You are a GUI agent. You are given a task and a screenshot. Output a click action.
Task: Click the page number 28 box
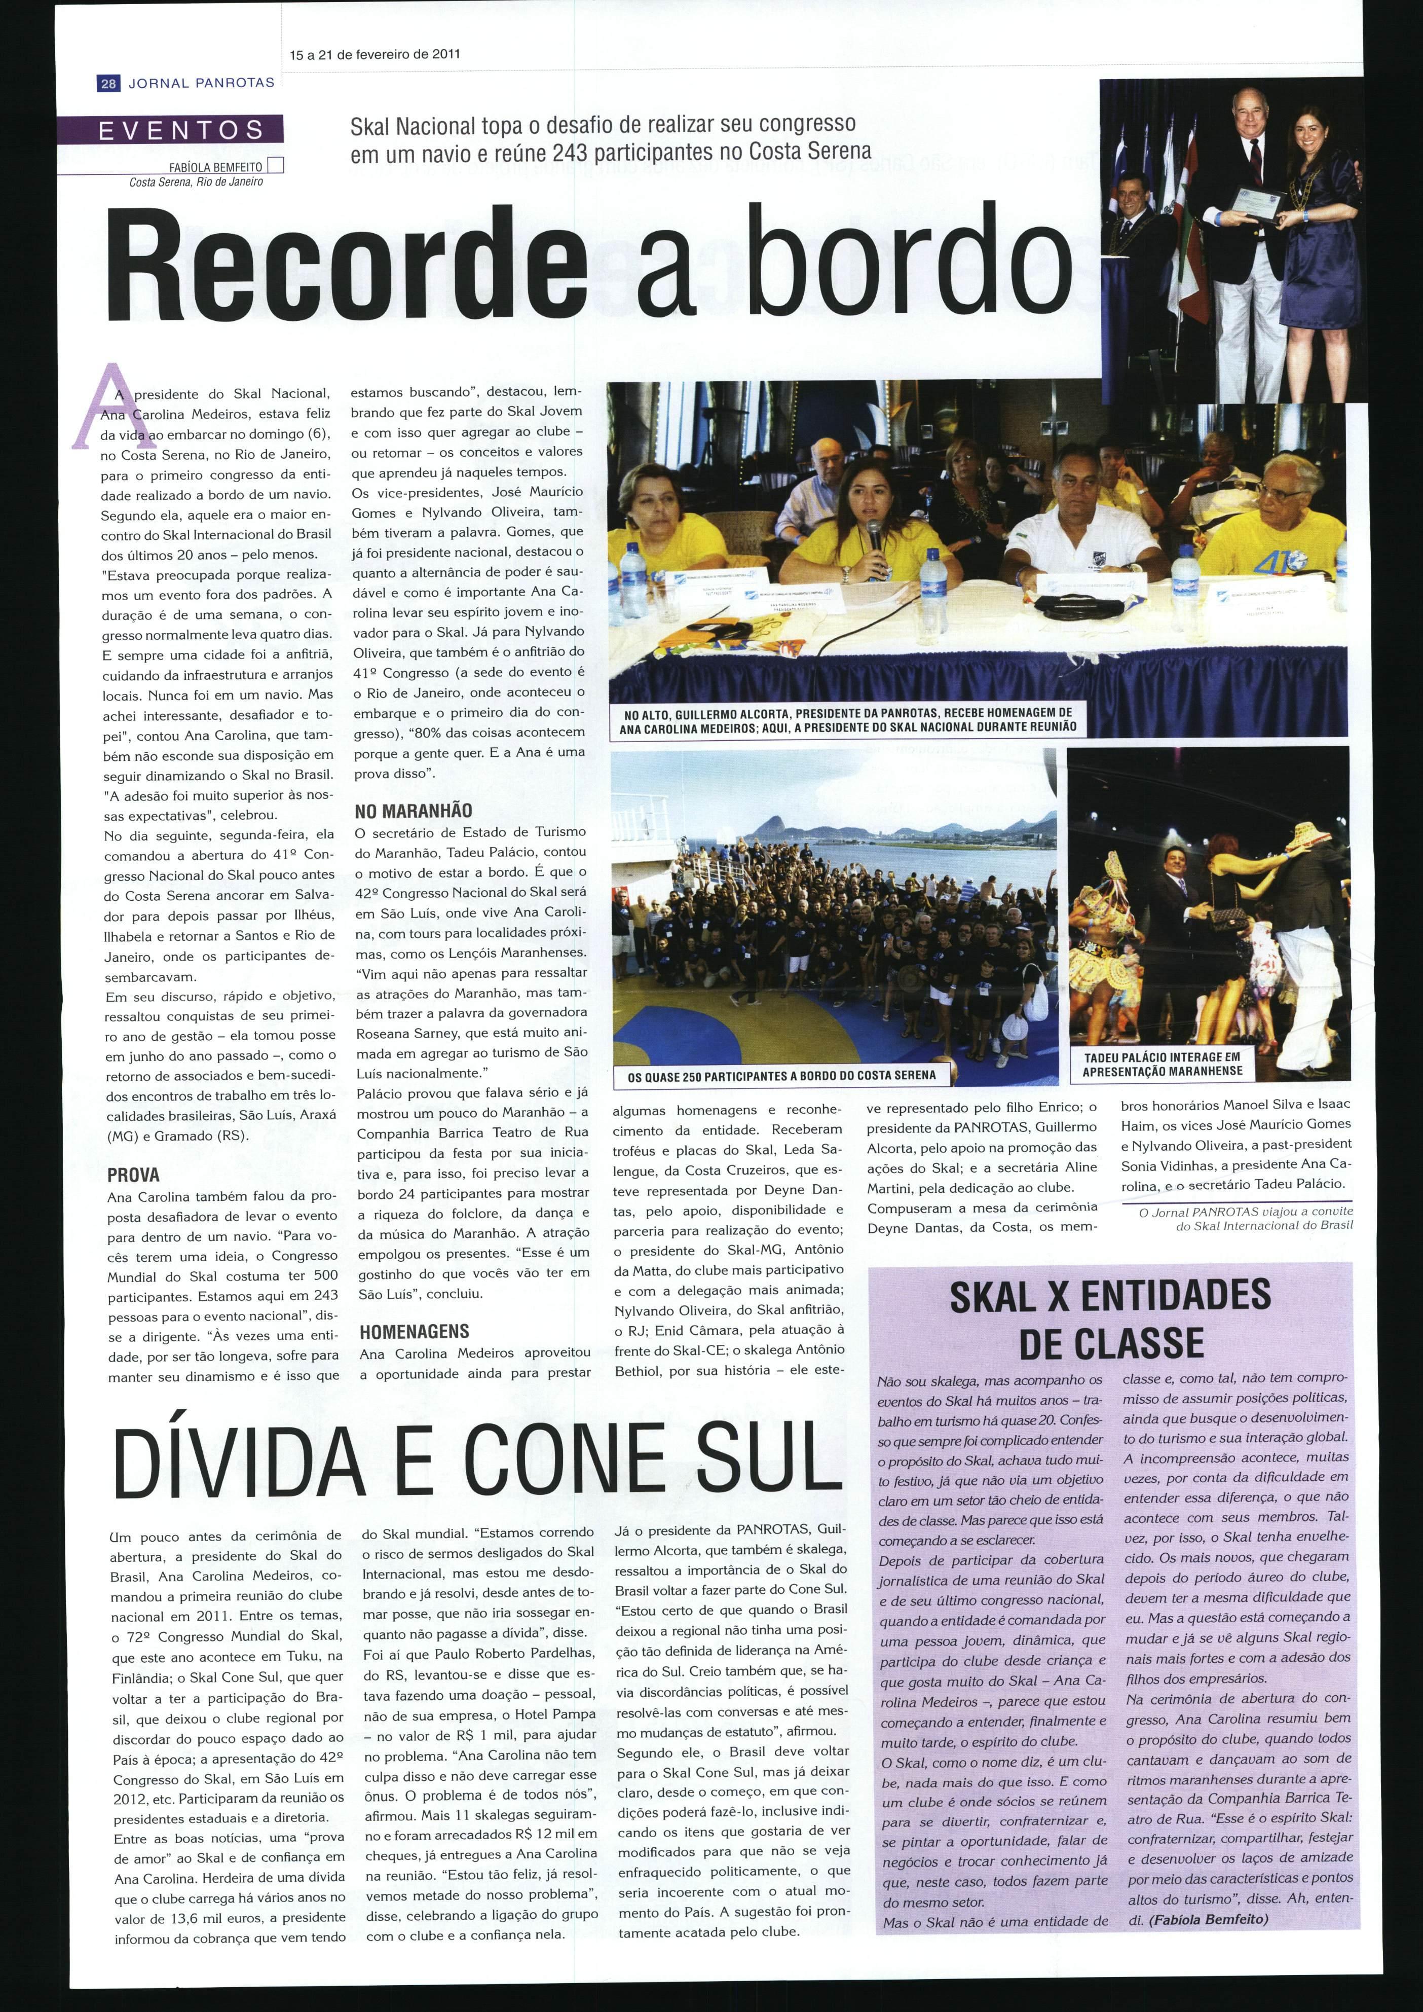pyautogui.click(x=108, y=83)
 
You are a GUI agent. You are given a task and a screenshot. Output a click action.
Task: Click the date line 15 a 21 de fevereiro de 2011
pyautogui.click(x=375, y=54)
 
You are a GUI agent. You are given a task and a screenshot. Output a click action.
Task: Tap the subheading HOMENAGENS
pyautogui.click(x=415, y=1332)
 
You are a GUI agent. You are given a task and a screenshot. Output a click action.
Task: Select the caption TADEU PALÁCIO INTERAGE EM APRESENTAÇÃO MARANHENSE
pyautogui.click(x=1162, y=1065)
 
